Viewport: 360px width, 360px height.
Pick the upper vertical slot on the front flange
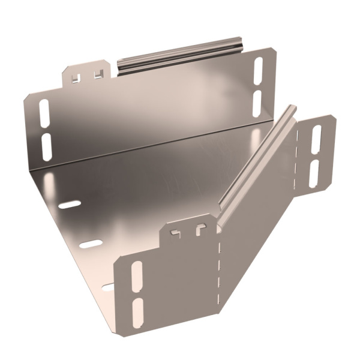click(137, 277)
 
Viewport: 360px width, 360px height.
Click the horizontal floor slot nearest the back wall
click(70, 205)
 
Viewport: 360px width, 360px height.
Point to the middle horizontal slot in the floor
click(91, 244)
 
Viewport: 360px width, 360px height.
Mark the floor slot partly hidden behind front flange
click(109, 287)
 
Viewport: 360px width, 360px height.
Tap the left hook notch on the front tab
click(176, 232)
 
